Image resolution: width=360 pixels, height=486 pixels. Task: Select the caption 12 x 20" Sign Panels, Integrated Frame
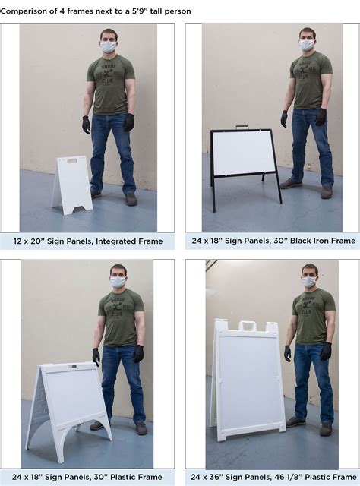[88, 241]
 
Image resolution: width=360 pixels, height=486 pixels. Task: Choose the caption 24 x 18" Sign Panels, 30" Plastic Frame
[87, 477]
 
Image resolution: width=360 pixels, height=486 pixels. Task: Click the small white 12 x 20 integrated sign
[72, 185]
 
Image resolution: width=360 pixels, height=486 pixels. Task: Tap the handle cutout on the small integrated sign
[72, 161]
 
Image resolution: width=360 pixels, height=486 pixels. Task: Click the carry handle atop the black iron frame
[242, 127]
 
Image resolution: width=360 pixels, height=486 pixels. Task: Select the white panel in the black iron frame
[244, 153]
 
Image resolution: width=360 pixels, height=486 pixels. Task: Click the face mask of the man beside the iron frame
[307, 45]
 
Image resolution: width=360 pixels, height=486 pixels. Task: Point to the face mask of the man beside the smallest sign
[108, 47]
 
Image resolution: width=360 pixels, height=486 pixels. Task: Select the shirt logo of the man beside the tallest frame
[308, 308]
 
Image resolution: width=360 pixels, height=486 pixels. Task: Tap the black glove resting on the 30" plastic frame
[96, 357]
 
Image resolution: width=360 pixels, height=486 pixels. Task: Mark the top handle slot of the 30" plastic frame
[72, 367]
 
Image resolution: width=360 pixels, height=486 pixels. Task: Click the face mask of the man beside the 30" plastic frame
[118, 282]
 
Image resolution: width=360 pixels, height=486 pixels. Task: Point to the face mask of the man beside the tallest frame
[309, 282]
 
